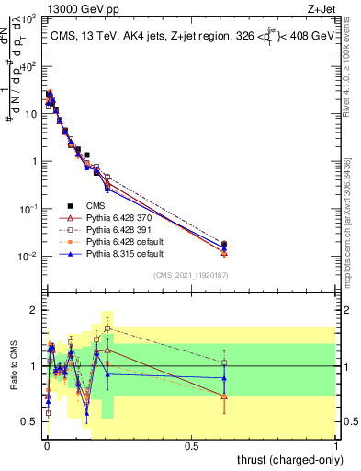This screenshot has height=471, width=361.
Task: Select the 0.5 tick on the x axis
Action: [x=191, y=445]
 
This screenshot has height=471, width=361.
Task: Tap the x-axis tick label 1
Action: [x=337, y=445]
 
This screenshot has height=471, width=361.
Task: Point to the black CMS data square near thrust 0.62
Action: [x=225, y=245]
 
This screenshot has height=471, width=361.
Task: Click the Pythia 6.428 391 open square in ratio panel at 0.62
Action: [x=225, y=362]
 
